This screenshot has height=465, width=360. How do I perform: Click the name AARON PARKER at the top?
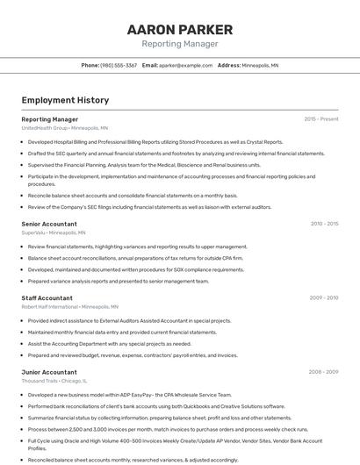(x=179, y=29)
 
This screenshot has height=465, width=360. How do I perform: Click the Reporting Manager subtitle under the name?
(x=179, y=44)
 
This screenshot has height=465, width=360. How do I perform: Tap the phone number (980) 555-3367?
(x=119, y=65)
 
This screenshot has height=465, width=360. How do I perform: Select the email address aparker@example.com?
(x=186, y=65)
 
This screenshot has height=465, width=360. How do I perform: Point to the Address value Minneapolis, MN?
(x=260, y=65)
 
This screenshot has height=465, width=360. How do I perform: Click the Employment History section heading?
(x=65, y=100)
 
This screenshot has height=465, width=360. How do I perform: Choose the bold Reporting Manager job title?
(x=49, y=119)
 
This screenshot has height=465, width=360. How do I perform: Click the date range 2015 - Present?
(x=320, y=119)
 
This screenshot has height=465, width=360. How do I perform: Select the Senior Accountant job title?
(x=49, y=225)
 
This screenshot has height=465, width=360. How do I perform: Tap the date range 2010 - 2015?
(x=323, y=225)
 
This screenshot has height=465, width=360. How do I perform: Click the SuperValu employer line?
(x=54, y=233)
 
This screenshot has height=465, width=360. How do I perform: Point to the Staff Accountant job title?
(x=47, y=298)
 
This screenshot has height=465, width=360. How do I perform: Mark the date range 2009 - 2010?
(x=323, y=298)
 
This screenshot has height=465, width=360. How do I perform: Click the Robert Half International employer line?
(x=69, y=307)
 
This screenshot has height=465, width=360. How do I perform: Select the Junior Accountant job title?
(x=48, y=372)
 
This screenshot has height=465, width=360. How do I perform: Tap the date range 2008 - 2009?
(x=323, y=372)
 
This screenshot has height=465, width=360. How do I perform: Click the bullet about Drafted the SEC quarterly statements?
(x=176, y=154)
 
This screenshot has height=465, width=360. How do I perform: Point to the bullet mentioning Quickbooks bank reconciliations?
(x=156, y=406)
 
